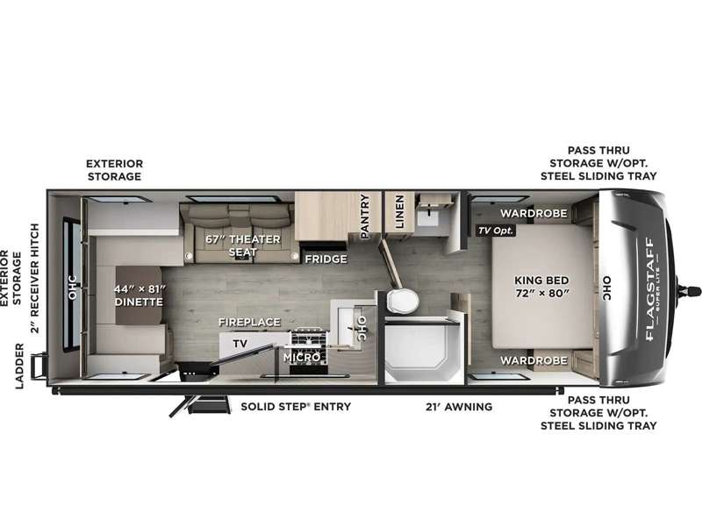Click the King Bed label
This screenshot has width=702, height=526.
pos(541,287)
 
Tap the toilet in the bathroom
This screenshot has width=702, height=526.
pos(402,301)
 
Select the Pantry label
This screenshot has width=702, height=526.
pos(364,216)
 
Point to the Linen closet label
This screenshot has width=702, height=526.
pos(399,211)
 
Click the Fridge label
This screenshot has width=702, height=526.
pos(326,259)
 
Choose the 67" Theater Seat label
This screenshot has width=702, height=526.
pos(243,245)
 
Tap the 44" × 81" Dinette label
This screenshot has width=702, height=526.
pos(139,295)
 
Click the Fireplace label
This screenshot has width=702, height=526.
pos(249,322)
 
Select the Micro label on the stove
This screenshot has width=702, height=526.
pos(302,357)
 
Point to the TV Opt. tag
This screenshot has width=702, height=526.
pos(496,231)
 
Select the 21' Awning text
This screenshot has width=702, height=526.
pos(459,407)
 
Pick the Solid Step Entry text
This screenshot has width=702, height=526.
pos(296,407)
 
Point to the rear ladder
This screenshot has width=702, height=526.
pos(39,366)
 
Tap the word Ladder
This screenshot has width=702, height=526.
pos(18,366)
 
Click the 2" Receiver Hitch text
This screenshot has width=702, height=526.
pos(34,278)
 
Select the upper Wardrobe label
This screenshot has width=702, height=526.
pos(534,213)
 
